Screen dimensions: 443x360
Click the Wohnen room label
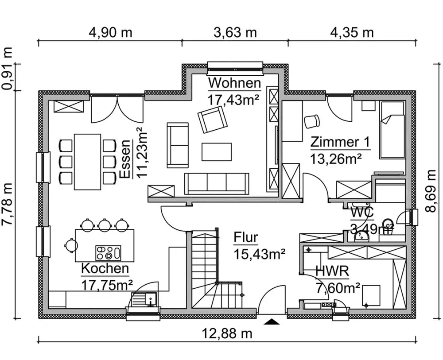point(234,83)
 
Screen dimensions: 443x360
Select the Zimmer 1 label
point(340,142)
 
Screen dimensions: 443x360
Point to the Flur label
point(246,238)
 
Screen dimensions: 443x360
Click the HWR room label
point(332,271)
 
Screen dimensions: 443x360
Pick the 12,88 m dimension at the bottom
point(227,334)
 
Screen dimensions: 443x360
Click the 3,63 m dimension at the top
point(235,33)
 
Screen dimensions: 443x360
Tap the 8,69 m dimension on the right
point(431,191)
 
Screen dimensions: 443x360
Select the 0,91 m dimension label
point(7,69)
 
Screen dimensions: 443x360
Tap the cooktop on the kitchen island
point(108,253)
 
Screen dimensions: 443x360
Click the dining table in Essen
point(88,162)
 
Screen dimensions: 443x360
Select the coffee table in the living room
point(217,152)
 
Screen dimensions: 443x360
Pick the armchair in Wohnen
point(213,120)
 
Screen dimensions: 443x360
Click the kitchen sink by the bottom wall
point(144,299)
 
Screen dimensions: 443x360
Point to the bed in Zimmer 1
point(392,130)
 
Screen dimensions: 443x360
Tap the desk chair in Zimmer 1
point(312,120)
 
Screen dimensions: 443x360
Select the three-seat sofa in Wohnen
point(217,183)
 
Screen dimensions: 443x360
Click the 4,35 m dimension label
point(352,33)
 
